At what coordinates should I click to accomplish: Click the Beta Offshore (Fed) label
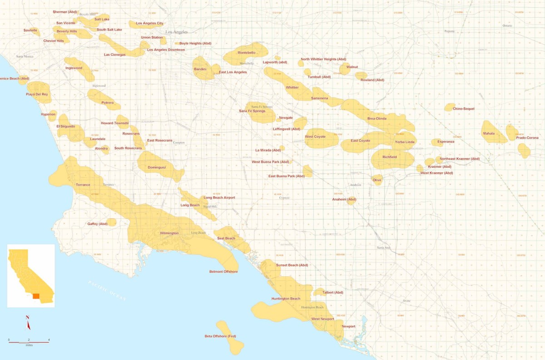coord(220,336)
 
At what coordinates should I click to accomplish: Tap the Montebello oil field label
coord(247,53)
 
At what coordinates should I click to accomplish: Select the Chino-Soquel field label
coord(463,109)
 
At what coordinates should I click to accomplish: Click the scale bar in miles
coord(29,341)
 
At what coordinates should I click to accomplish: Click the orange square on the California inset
coord(36,296)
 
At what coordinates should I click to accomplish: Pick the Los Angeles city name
coord(177,32)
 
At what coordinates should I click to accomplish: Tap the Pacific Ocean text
coord(107,291)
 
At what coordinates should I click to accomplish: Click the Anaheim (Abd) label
coord(344,200)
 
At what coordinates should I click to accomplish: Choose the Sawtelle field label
coord(30,30)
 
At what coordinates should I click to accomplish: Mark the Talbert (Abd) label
coord(332,292)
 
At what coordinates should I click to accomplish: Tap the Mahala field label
coord(489,134)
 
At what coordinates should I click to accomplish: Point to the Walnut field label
coord(352,67)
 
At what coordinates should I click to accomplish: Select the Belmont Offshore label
coord(223,271)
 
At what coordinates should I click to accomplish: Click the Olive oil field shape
coord(377,180)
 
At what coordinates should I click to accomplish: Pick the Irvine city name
coord(406,301)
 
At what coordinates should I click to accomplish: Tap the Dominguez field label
coord(157,167)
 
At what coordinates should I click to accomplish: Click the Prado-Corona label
coord(527,138)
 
